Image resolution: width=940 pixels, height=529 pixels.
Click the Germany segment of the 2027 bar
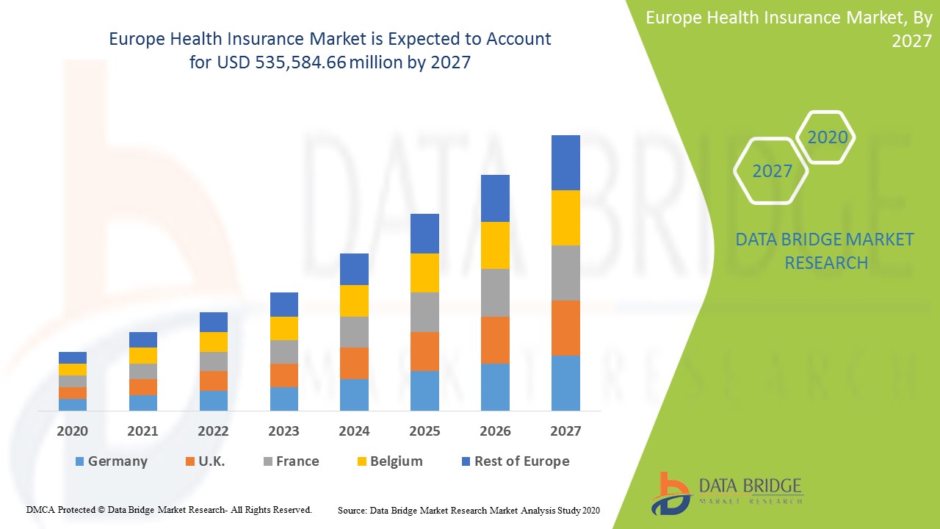coord(565,383)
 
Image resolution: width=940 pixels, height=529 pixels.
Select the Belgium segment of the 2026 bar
coord(495,245)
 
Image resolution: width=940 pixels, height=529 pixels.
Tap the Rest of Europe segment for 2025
coord(424,234)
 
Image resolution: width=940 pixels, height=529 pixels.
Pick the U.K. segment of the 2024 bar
coord(354,363)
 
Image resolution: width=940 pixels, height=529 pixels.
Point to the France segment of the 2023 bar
coord(283,352)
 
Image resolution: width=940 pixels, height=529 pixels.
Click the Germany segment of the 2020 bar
coord(73,404)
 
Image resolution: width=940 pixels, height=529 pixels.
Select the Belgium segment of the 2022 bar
coord(213,342)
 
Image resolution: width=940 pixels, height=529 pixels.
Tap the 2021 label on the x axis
coord(142,431)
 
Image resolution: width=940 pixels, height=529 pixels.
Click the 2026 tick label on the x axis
coord(495,431)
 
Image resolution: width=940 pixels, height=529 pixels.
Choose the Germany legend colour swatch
coord(79,461)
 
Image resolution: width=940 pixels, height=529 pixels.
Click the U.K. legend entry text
coord(211,461)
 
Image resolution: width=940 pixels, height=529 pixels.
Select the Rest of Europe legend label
coord(521,461)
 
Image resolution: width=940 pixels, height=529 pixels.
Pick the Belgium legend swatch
coord(362,461)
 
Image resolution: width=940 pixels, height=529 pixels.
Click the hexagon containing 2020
coord(827,137)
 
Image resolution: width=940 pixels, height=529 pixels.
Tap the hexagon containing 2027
coord(772,171)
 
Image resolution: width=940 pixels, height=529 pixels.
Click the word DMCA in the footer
coord(40,509)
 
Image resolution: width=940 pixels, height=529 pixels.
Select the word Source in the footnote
coord(352,510)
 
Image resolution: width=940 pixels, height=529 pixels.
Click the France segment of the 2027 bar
coord(565,273)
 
